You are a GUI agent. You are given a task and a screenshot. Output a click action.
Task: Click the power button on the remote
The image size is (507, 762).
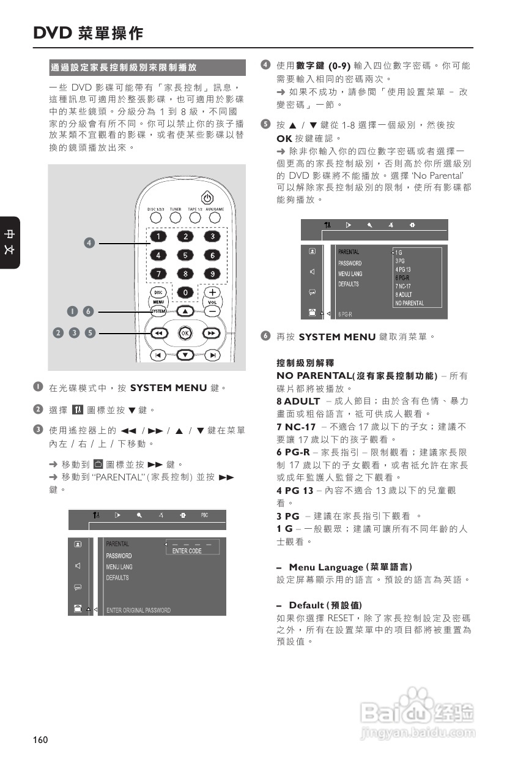click(x=207, y=198)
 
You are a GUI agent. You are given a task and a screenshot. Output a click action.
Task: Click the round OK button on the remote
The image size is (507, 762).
click(x=185, y=333)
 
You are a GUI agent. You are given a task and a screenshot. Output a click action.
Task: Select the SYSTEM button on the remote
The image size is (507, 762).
click(x=158, y=312)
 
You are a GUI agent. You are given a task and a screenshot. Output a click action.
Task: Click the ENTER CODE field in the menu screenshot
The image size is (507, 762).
click(x=187, y=551)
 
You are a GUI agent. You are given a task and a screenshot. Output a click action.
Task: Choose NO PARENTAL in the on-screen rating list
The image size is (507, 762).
click(x=409, y=303)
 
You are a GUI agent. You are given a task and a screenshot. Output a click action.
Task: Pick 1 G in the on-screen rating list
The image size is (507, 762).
click(x=399, y=252)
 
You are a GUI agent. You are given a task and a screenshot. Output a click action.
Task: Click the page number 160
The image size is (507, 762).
click(x=40, y=740)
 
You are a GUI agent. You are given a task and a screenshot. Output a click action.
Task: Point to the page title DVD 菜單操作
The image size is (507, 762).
click(x=88, y=33)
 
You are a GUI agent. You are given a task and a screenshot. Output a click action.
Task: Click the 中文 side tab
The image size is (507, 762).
click(x=10, y=242)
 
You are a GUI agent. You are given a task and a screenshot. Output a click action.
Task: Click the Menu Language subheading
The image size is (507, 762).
click(x=350, y=567)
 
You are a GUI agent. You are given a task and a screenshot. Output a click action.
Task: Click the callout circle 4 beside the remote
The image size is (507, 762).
click(x=89, y=244)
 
